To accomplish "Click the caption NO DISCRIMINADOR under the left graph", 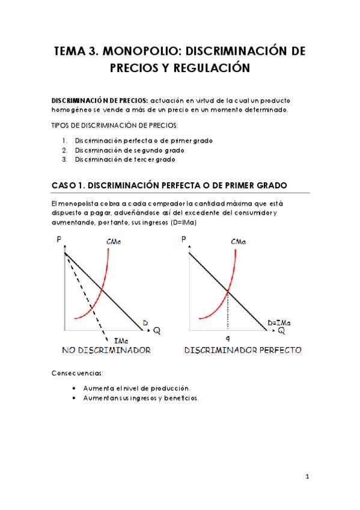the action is pyautogui.click(x=106, y=350).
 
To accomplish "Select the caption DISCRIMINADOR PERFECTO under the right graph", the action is pyautogui.click(x=242, y=350).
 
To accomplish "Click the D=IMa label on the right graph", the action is pyautogui.click(x=279, y=323).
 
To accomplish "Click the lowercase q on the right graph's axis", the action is pyautogui.click(x=228, y=339).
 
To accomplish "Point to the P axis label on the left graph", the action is pyautogui.click(x=59, y=240).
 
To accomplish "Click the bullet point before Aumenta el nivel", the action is pyautogui.click(x=73, y=389).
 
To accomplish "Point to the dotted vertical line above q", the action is pyautogui.click(x=228, y=313).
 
